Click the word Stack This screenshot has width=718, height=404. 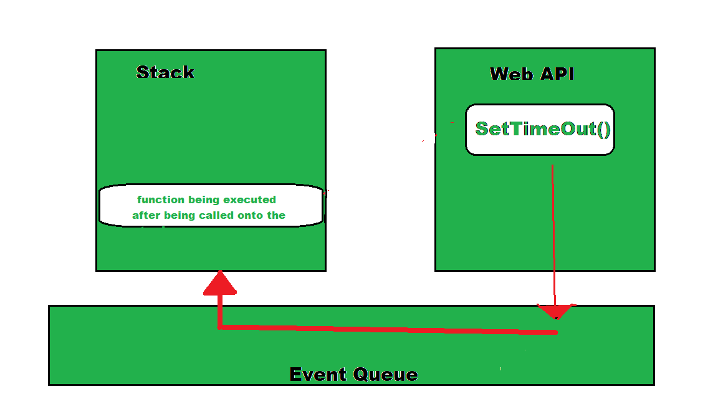click(165, 72)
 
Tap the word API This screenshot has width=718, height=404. click(557, 74)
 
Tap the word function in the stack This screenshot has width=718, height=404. click(160, 200)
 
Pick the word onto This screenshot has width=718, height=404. click(254, 216)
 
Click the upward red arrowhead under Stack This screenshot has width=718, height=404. click(219, 284)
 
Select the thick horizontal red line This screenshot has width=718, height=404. click(386, 329)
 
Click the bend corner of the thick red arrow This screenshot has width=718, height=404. click(220, 325)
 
